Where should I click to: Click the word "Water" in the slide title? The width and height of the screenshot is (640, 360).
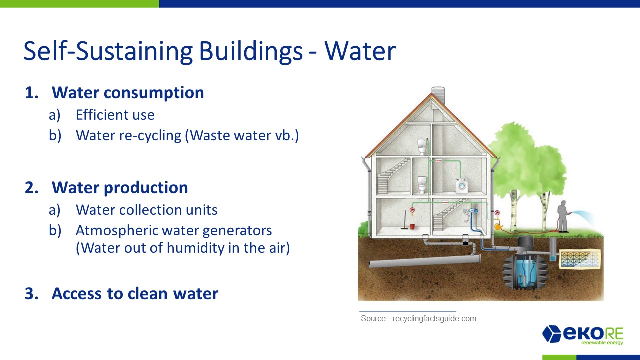coord(360,51)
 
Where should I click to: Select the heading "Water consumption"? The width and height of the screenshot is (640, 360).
coord(128,93)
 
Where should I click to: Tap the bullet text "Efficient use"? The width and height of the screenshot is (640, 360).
coord(115,115)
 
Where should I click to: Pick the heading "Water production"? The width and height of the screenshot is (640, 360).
coord(120,187)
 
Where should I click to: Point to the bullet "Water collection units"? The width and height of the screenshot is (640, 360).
coord(147,210)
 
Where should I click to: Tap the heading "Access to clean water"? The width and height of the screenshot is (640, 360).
coord(135,293)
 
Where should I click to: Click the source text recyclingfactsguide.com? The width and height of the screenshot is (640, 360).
coord(434,319)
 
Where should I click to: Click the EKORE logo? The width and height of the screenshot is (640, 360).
coord(583,335)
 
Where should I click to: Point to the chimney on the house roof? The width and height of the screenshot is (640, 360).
coord(438,95)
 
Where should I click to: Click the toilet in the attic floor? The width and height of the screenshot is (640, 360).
coord(422,146)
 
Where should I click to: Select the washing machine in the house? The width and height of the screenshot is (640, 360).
coord(462,186)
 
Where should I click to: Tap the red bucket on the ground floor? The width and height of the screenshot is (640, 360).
coord(412,226)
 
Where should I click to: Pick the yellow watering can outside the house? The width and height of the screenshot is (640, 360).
coord(498,226)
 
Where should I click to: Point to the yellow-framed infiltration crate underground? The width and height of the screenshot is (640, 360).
coord(579,259)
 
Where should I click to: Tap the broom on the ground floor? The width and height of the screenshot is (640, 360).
coord(404,220)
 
